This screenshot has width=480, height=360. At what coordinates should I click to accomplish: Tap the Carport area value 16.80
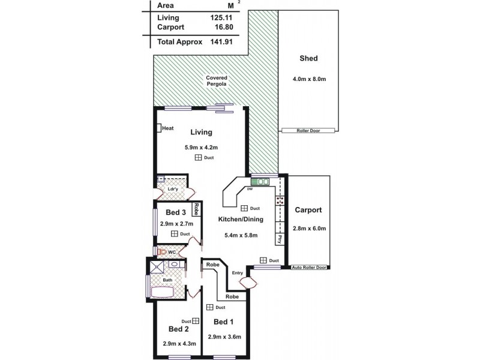pos(222,27)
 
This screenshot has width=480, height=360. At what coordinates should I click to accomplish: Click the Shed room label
pos(308,59)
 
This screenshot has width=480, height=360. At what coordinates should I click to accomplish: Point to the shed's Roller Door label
pos(308,130)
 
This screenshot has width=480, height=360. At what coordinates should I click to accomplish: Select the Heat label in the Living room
pos(167,128)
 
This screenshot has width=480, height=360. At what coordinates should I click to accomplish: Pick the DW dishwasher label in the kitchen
pos(250,189)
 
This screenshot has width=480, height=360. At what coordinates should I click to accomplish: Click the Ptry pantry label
pos(280,238)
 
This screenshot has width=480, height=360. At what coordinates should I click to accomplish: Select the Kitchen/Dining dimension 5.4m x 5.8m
pos(240,235)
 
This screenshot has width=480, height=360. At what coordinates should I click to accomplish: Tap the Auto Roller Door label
pos(308,268)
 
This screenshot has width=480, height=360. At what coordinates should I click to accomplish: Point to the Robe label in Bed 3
pos(196,209)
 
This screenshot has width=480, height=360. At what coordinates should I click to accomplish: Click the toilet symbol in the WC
pos(161,252)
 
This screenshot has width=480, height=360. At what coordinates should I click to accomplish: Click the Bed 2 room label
pos(179,329)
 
